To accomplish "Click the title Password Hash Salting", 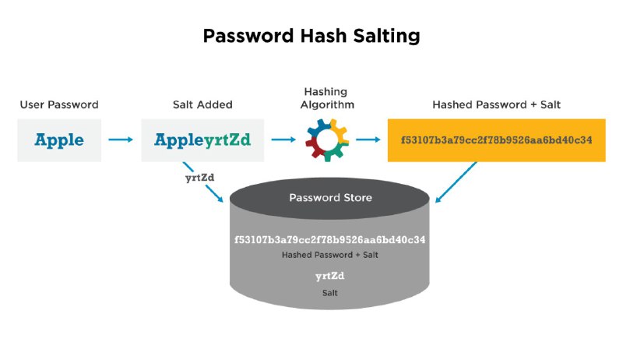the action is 311,36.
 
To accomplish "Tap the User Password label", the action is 59,104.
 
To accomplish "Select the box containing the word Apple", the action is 59,140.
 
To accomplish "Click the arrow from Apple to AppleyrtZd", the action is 121,139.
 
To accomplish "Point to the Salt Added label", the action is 202,104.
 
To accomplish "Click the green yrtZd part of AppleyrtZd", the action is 227,140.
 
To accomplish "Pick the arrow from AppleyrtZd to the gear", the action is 283,139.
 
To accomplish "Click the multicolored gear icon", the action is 327,139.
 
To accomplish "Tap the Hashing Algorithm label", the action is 327,98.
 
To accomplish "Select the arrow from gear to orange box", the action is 368,139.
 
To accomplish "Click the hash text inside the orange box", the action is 496,139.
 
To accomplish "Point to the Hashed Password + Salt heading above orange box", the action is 496,104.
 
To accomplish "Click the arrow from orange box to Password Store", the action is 456,182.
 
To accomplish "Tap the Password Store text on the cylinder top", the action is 330,197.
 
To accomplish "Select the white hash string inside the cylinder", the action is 329,239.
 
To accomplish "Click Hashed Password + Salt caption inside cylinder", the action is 329,255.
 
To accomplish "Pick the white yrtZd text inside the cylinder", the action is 329,276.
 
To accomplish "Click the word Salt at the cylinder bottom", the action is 329,293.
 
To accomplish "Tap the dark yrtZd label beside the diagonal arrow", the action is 200,178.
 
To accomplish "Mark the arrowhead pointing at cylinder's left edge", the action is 220,199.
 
